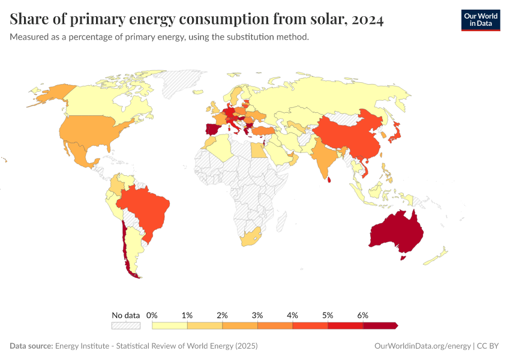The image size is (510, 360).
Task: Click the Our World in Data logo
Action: [480, 20]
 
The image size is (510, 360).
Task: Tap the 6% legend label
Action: [362, 315]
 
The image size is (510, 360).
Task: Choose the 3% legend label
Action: [257, 315]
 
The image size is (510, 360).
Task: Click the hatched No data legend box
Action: [125, 325]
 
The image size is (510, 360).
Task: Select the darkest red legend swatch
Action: [380, 325]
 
